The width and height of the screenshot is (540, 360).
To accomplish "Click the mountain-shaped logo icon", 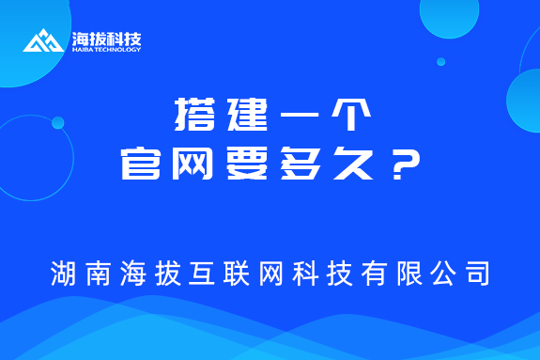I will pyautogui.click(x=44, y=40).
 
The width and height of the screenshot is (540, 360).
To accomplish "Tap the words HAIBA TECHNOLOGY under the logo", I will pyautogui.click(x=106, y=51).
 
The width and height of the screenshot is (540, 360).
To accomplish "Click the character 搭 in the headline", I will pyautogui.click(x=193, y=116).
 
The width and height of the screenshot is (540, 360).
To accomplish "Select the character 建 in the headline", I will pyautogui.click(x=242, y=116).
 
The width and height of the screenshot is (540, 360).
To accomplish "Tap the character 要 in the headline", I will pyautogui.click(x=243, y=165).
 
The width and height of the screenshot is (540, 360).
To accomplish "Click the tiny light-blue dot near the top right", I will pyautogui.click(x=440, y=62).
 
